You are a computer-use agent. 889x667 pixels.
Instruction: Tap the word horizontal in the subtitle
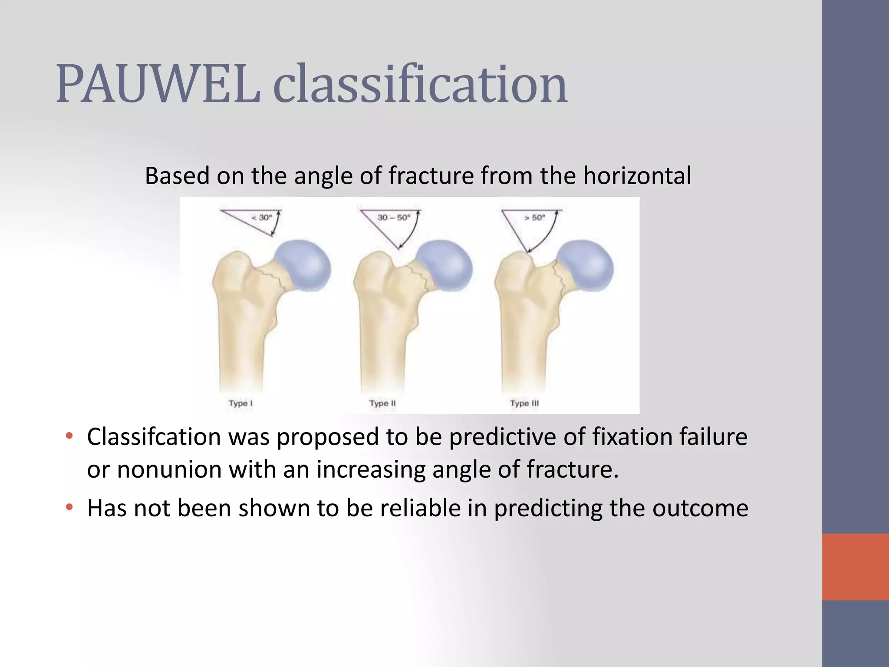pyautogui.click(x=637, y=176)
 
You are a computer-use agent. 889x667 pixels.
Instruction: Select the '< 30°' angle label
pyautogui.click(x=262, y=217)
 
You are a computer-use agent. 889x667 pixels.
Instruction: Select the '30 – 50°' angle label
pyautogui.click(x=394, y=217)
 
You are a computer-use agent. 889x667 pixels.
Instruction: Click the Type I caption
pyautogui.click(x=240, y=403)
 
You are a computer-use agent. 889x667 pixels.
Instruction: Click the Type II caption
pyautogui.click(x=382, y=403)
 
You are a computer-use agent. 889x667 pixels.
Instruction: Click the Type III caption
pyautogui.click(x=524, y=403)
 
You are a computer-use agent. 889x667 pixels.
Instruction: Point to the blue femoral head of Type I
pyautogui.click(x=304, y=265)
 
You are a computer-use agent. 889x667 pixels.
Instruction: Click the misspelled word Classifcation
pyautogui.click(x=154, y=437)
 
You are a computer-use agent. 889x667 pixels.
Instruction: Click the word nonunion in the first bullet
pyautogui.click(x=169, y=470)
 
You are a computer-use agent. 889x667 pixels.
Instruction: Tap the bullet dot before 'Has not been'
pyautogui.click(x=69, y=507)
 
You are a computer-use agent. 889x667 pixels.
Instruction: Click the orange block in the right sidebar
pyautogui.click(x=855, y=567)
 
